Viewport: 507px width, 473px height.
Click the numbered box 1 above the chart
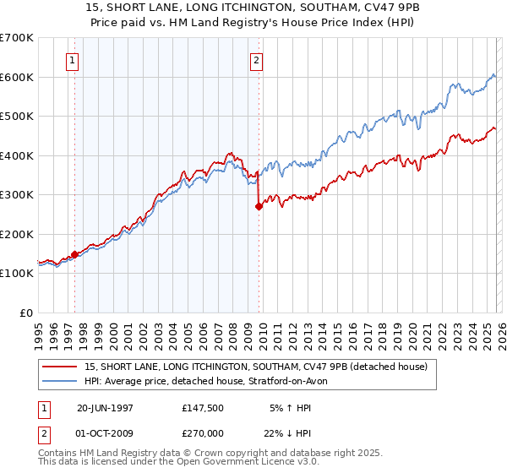click(74, 60)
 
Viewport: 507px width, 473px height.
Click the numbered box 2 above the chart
click(256, 60)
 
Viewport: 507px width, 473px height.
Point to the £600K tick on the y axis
click(17, 77)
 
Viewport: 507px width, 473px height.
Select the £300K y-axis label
click(17, 195)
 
